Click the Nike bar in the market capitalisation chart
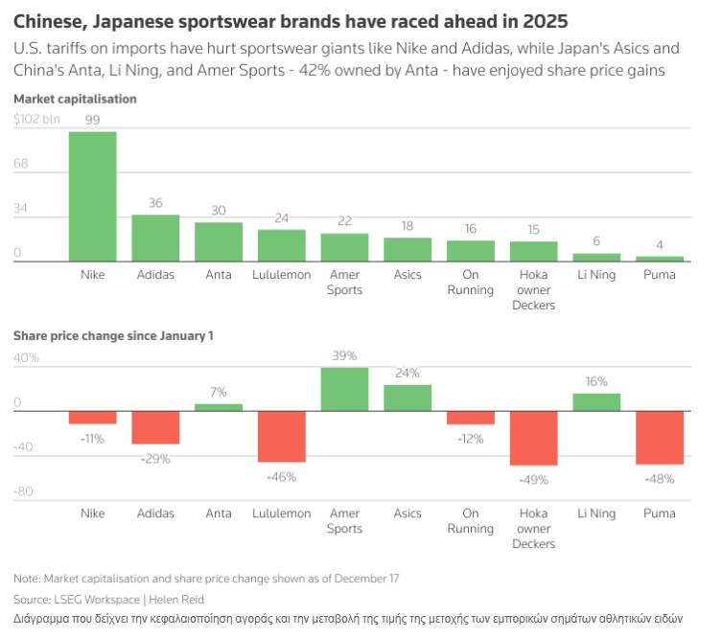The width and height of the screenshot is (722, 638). click(x=92, y=196)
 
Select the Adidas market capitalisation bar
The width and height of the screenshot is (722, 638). click(x=155, y=238)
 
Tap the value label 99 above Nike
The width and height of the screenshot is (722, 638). click(x=92, y=120)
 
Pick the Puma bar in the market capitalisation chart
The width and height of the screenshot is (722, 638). click(x=660, y=258)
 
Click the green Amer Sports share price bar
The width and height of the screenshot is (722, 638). click(x=344, y=389)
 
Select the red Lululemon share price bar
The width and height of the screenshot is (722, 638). click(x=281, y=437)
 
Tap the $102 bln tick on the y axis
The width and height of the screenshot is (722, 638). click(x=36, y=120)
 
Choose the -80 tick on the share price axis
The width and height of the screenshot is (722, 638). click(x=25, y=491)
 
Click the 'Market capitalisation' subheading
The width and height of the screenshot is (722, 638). click(x=75, y=99)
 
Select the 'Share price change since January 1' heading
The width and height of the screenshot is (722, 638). click(x=113, y=336)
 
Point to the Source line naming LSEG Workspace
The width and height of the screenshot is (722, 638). click(x=110, y=599)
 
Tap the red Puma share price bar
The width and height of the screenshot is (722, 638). click(x=660, y=438)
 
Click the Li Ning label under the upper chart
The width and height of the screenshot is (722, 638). click(x=596, y=275)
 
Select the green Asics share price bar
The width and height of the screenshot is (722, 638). click(x=408, y=398)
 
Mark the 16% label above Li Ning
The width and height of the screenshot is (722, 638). click(x=596, y=381)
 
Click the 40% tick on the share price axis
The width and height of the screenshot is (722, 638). click(x=26, y=357)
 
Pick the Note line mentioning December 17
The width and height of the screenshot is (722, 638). click(x=206, y=579)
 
